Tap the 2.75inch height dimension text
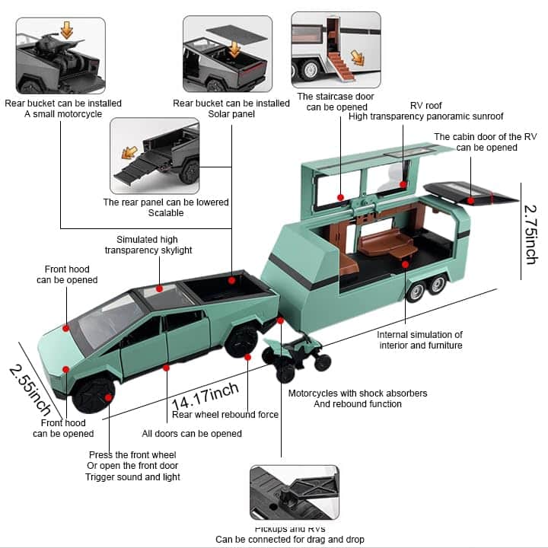click(531, 233)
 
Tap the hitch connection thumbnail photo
click(295, 493)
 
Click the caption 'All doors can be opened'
click(192, 434)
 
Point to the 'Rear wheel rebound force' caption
click(225, 415)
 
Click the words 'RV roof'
click(426, 105)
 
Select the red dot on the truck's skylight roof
click(159, 288)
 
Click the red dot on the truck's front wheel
click(109, 397)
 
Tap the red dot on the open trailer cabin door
click(472, 201)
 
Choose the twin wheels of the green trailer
click(425, 289)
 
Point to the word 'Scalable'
click(166, 213)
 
